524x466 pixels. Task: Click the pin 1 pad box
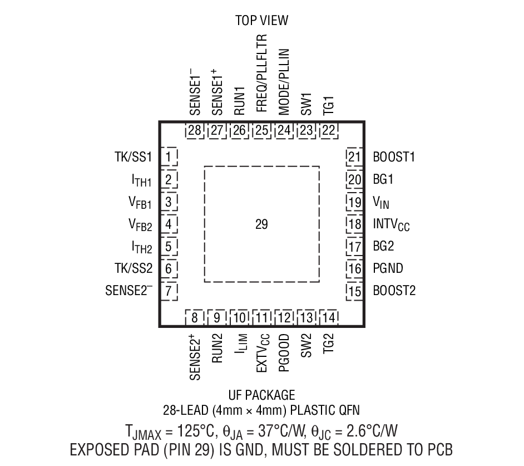[x=169, y=156]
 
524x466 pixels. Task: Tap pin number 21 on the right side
[x=354, y=156]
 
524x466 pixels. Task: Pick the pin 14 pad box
[x=329, y=318]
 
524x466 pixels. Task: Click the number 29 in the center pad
[x=261, y=225]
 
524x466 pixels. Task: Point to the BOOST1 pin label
[x=394, y=157]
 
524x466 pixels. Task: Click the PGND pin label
[x=388, y=268]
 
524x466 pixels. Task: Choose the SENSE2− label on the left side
[x=128, y=290]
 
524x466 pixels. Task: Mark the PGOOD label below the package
[x=284, y=353]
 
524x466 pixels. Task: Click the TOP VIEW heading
[x=261, y=21]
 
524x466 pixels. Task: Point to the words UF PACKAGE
[x=261, y=395]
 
